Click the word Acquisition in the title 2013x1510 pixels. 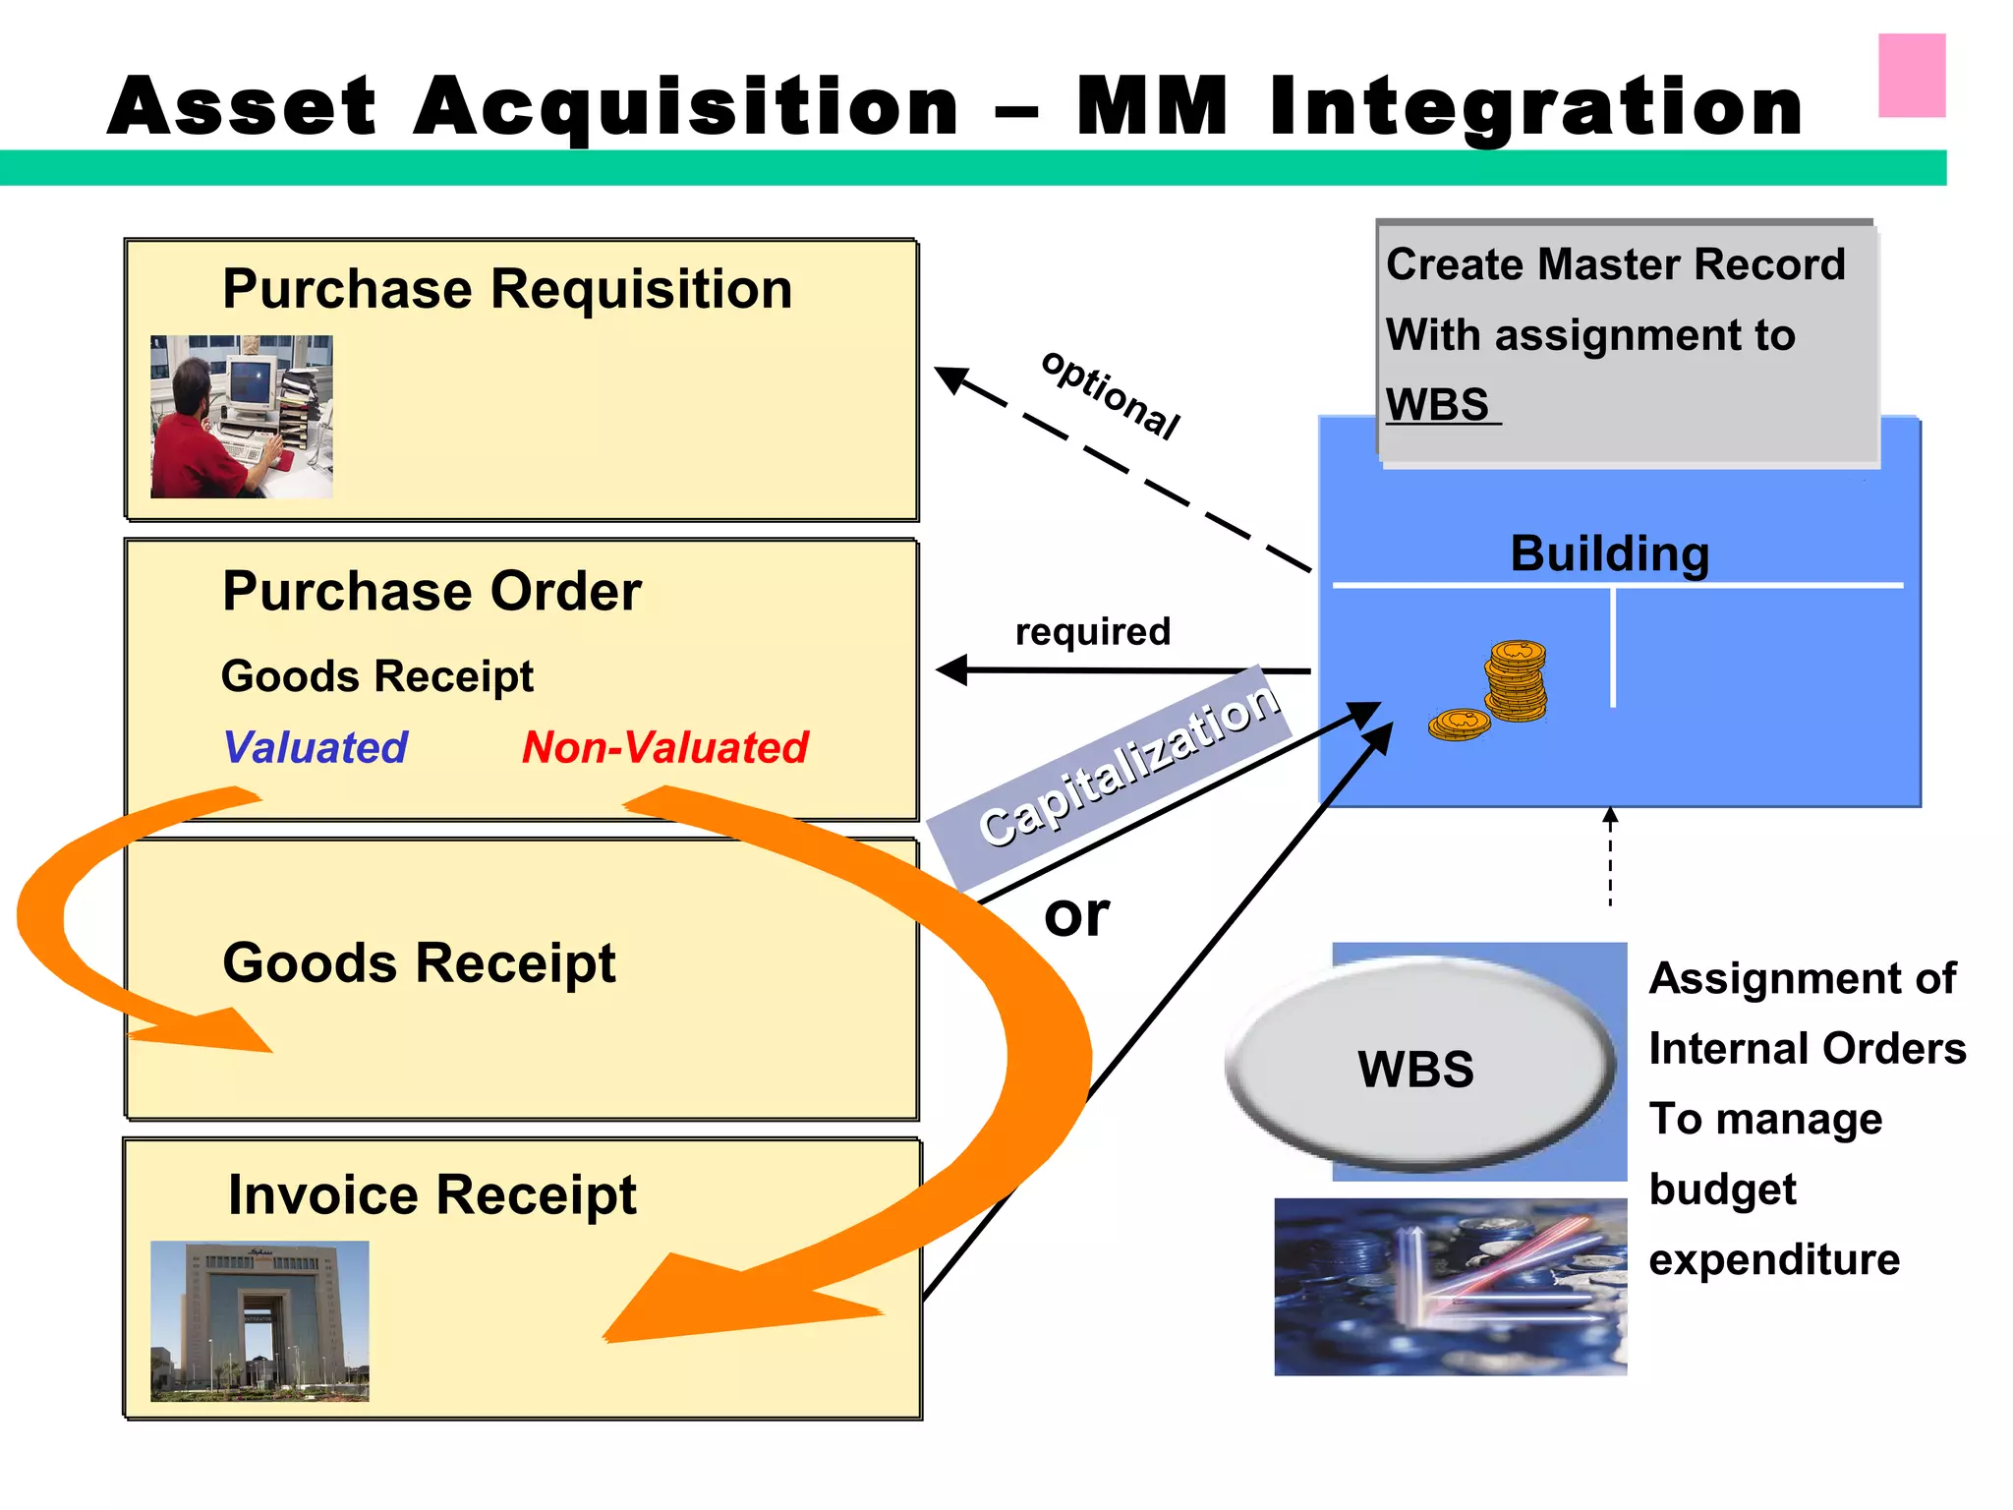685,106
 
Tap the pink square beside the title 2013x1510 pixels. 1911,76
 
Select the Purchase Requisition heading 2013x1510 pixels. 507,289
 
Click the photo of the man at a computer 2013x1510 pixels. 242,417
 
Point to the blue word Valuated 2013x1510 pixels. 316,747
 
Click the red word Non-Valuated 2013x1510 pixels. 664,747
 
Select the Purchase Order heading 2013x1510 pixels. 431,591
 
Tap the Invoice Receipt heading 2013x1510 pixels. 431,1194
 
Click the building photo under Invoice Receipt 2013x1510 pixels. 259,1320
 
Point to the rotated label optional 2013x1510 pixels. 1111,394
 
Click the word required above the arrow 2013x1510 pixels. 1092,631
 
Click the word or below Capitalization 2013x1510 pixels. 1076,915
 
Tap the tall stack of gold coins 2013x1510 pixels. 1516,680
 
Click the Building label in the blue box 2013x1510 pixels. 1609,553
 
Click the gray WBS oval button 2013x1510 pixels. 1416,1068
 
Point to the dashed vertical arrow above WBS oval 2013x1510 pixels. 1610,857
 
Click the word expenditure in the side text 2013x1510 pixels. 1774,1259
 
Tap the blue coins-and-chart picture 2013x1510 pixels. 1450,1287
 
